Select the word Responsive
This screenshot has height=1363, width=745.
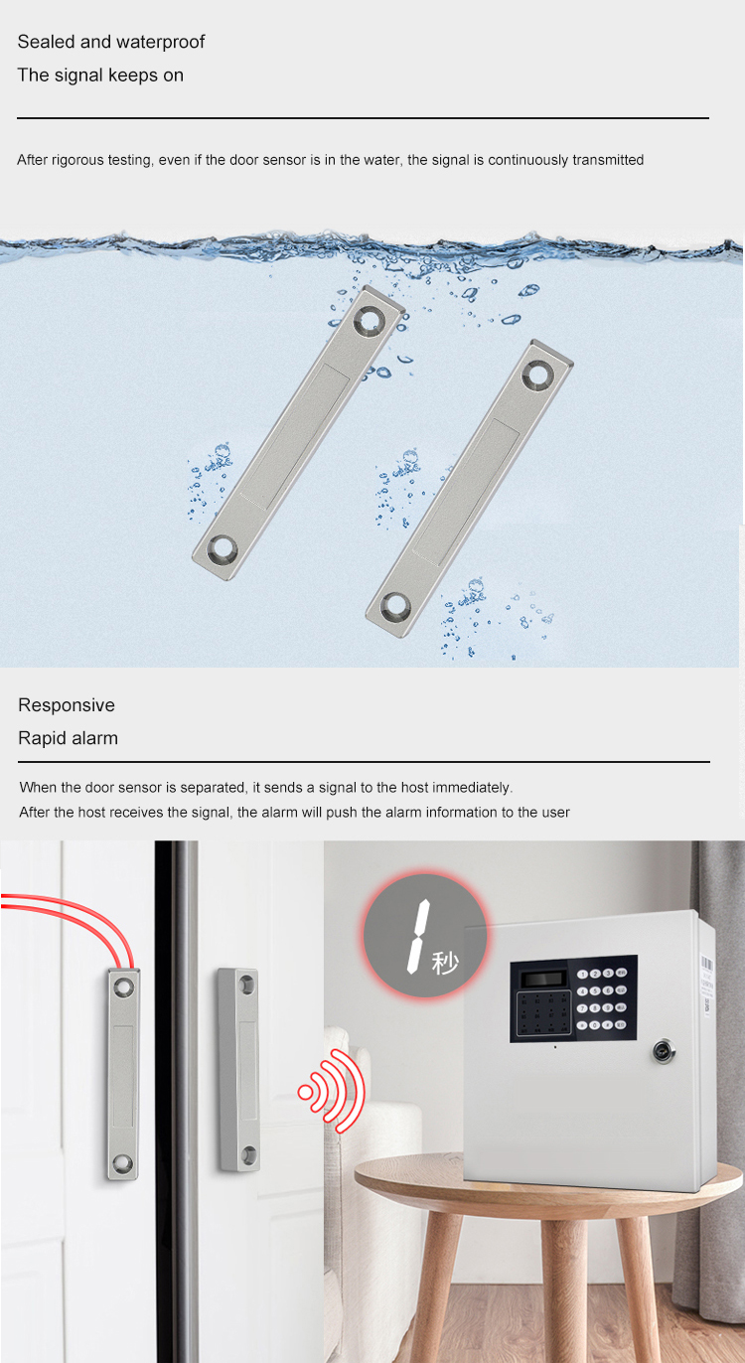tap(67, 705)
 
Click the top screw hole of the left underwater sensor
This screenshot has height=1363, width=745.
tap(370, 318)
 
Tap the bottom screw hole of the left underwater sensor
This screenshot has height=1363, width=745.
tap(223, 548)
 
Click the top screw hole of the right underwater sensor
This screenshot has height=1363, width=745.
tap(537, 373)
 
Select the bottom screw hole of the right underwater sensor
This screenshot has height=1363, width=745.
tap(395, 607)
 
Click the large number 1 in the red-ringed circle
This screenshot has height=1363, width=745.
tap(419, 937)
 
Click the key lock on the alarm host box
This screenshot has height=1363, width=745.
tap(662, 1051)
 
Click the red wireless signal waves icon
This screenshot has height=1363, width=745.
tap(332, 1091)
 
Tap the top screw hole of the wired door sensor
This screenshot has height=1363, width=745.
tap(123, 986)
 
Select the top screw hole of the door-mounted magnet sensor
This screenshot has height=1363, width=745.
tap(247, 984)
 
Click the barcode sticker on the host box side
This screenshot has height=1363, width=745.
tap(708, 985)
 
